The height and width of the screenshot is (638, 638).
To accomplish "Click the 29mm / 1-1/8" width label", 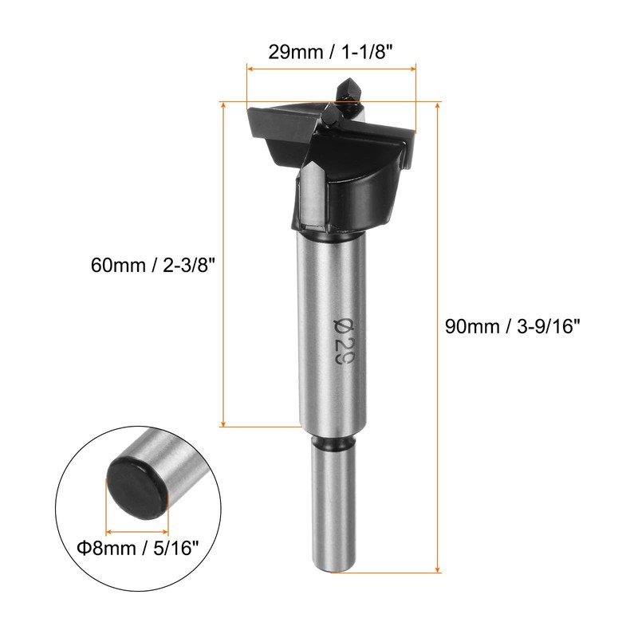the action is pyautogui.click(x=330, y=52).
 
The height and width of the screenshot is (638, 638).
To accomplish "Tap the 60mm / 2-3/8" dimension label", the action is pyautogui.click(x=152, y=266).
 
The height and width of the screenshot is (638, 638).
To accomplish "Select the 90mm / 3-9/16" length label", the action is pyautogui.click(x=512, y=326).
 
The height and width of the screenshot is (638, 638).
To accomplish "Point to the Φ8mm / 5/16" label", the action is pyautogui.click(x=137, y=548).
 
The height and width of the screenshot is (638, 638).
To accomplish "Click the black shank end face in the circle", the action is pyautogui.click(x=137, y=488).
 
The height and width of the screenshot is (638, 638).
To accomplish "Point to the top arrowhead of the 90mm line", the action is pyautogui.click(x=437, y=106).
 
